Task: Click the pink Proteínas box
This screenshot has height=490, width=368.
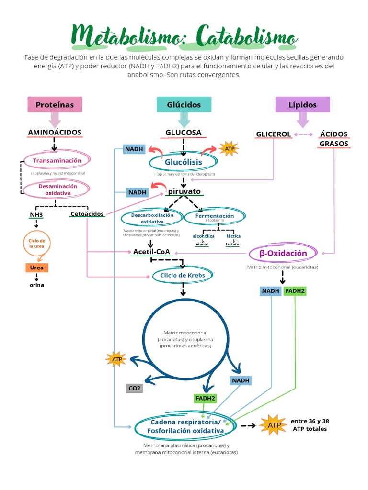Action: (x=55, y=104)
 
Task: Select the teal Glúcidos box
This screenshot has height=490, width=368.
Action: (x=184, y=104)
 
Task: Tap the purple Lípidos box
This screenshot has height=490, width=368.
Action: (x=302, y=104)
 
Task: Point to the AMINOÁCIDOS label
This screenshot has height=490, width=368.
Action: (x=55, y=132)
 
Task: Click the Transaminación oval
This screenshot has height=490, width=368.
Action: (x=57, y=161)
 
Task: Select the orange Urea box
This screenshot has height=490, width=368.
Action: (x=37, y=268)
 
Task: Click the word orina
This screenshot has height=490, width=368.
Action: (x=37, y=285)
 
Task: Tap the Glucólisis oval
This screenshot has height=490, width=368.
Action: (x=183, y=163)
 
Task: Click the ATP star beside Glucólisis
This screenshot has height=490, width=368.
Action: (x=228, y=149)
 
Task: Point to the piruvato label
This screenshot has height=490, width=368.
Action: (x=184, y=191)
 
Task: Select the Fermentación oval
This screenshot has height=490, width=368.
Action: (x=215, y=217)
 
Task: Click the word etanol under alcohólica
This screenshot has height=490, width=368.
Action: (x=202, y=245)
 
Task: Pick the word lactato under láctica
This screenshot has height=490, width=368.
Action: (x=232, y=245)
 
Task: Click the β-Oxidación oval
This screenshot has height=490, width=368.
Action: (x=283, y=253)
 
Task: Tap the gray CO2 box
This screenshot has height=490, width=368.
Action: (x=134, y=388)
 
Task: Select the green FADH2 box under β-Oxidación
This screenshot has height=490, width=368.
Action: (x=295, y=291)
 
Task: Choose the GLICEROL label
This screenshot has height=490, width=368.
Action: (x=274, y=134)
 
